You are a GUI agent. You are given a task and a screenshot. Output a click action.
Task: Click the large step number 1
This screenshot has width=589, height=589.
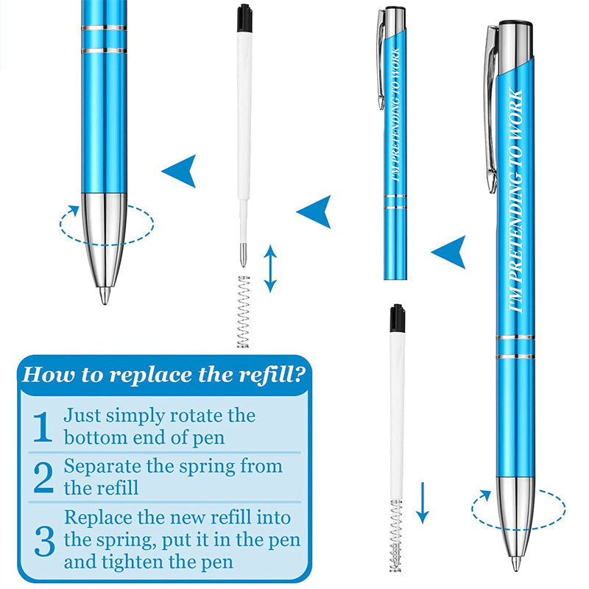click(43, 427)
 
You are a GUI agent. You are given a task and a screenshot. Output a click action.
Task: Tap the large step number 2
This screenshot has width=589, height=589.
click(43, 477)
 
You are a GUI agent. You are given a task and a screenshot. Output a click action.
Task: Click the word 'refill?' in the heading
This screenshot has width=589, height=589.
click(269, 375)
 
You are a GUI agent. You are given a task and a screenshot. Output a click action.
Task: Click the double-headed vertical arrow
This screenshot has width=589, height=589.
click(270, 269)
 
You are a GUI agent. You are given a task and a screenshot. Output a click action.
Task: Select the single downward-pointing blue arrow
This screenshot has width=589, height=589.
click(423, 503)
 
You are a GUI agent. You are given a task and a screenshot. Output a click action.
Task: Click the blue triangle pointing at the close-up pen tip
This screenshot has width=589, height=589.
click(180, 171)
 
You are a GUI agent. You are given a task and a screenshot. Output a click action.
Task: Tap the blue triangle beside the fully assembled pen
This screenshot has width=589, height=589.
click(449, 252)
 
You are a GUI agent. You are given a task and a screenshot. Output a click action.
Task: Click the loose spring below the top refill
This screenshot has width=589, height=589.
click(244, 311)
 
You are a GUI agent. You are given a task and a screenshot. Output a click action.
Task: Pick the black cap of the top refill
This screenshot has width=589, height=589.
click(244, 18)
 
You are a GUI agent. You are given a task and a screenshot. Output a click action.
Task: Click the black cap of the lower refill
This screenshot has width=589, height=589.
click(397, 319)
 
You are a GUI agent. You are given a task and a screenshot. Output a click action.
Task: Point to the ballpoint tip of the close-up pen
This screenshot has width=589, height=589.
click(105, 295)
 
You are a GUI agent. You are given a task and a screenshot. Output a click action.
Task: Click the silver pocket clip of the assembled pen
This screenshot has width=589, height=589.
click(491, 109)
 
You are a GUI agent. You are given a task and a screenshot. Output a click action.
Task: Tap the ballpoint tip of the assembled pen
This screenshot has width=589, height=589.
click(516, 564)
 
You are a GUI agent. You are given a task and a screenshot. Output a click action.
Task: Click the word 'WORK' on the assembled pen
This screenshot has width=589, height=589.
click(515, 113)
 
